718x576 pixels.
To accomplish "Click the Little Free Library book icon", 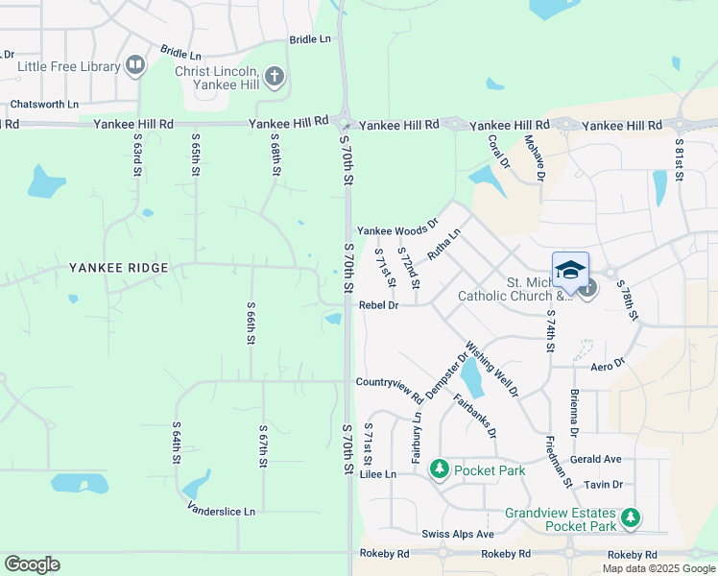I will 135,66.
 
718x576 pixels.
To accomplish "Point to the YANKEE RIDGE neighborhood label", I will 110,267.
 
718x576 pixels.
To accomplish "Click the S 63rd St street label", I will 137,155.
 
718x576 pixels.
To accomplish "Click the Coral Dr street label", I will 497,151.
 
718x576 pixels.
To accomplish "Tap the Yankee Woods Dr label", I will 396,230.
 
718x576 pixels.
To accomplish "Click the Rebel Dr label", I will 378,305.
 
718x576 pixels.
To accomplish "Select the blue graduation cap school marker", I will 570,270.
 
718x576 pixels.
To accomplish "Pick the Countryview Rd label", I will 389,382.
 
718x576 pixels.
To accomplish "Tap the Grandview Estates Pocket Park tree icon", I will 630,519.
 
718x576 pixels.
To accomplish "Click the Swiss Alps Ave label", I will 457,534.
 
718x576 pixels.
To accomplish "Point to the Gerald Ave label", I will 595,460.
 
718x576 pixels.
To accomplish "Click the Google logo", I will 32,564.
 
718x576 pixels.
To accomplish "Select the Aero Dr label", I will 608,365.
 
